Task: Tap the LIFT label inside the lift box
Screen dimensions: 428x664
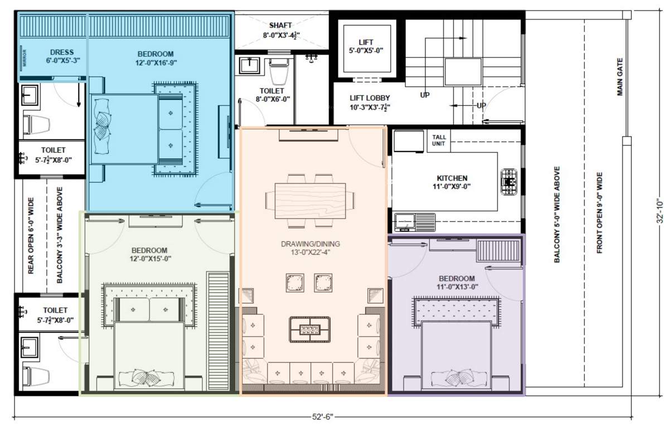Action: pos(366,42)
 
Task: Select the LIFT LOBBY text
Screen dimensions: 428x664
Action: pos(370,98)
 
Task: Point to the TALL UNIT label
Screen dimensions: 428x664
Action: pos(438,140)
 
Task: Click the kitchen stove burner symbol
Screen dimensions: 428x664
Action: pos(509,182)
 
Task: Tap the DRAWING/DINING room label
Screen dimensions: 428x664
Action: pos(311,244)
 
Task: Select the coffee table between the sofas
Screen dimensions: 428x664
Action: pos(309,329)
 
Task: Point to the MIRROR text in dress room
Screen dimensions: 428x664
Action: pos(24,59)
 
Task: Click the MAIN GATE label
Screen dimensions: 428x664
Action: pos(619,77)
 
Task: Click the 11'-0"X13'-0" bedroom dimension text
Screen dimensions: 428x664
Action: pos(457,287)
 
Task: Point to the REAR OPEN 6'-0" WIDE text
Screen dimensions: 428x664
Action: pos(31,236)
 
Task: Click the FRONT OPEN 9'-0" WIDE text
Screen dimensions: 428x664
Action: pos(600,212)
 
